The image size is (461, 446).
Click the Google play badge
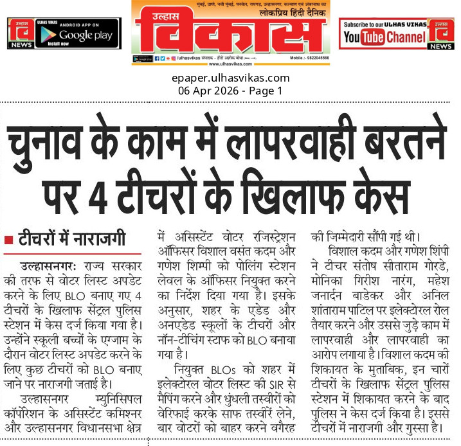pyautogui.click(x=80, y=35)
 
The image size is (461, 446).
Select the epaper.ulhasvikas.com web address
pyautogui.click(x=230, y=78)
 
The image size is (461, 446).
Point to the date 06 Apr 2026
pyautogui.click(x=207, y=91)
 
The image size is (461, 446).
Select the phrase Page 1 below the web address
pyautogui.click(x=267, y=91)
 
